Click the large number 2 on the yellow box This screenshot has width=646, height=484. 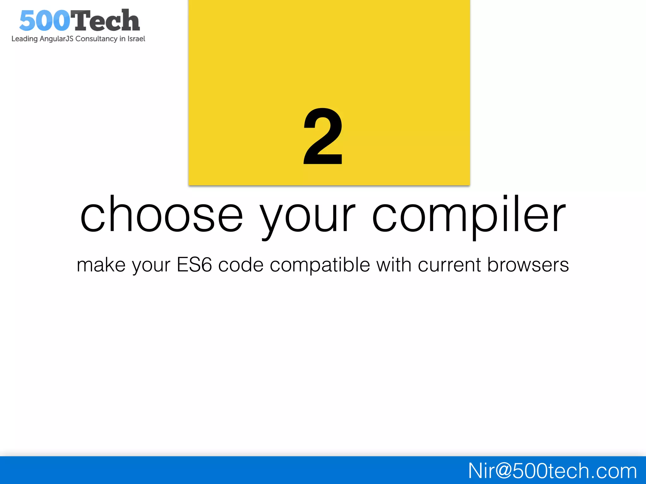point(323,136)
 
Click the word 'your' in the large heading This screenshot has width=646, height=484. point(308,217)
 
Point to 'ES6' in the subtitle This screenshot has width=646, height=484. point(194,265)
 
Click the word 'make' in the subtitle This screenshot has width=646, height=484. point(101,265)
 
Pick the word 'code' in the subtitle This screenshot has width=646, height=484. point(241,265)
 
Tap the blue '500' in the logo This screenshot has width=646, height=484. point(44,21)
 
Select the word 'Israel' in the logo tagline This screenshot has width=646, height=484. point(136,39)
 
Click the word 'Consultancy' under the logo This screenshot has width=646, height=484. point(96,39)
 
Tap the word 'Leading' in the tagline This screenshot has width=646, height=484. point(25,39)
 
